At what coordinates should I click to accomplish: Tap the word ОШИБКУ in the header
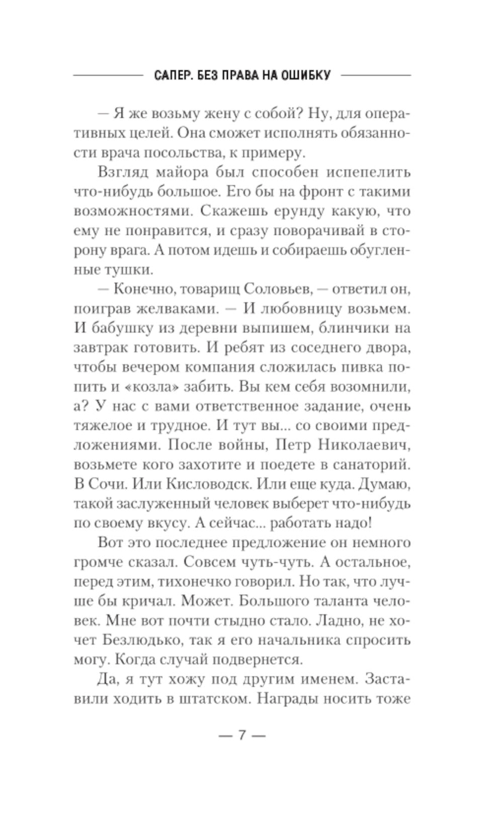coord(307,75)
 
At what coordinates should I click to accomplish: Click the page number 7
coord(241,735)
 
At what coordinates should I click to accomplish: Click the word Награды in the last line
coord(283,699)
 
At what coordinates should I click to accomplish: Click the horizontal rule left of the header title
coord(108,75)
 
